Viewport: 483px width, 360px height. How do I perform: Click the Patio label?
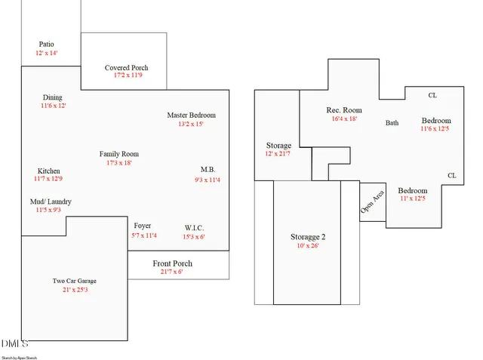47,45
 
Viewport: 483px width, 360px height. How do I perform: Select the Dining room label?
53,97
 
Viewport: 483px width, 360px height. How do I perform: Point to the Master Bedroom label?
191,115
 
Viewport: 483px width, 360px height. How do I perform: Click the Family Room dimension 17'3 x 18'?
119,163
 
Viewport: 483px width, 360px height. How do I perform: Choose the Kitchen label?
49,171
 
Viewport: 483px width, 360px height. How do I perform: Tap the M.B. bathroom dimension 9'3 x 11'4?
208,180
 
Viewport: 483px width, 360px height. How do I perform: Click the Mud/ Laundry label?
51,202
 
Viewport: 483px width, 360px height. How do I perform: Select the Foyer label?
143,226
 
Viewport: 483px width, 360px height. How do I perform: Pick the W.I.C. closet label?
195,228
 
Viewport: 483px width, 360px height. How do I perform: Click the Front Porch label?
173,263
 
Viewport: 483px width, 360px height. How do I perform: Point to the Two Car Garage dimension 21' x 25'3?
75,290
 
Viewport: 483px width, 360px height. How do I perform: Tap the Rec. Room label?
344,110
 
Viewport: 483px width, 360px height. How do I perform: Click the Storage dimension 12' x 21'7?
278,154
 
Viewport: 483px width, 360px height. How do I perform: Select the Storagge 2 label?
308,237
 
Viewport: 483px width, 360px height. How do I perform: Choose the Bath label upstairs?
392,123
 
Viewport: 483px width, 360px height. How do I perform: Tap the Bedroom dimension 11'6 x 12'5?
435,129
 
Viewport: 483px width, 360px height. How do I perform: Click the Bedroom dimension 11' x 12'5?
412,199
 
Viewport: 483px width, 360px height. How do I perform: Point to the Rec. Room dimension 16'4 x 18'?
344,118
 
